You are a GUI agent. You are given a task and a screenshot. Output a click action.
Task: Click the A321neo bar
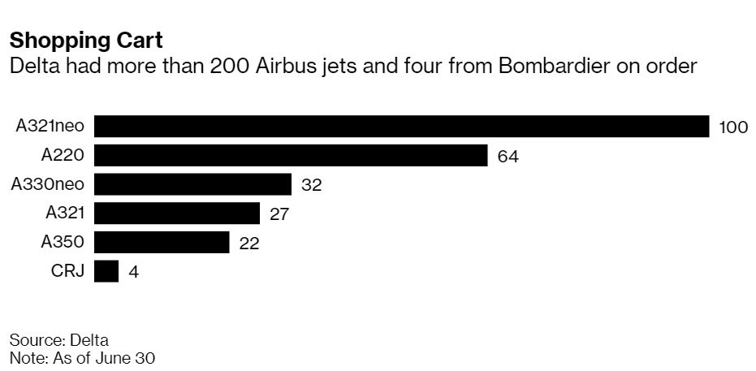pos(402,127)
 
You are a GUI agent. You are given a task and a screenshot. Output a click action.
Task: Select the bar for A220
pos(291,156)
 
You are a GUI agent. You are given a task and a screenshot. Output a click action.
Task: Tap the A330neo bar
pos(192,184)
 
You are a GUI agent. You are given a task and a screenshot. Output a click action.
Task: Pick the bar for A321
pos(177,214)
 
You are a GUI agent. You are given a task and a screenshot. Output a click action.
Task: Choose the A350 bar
pos(162,243)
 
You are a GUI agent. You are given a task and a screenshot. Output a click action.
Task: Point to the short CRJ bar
pos(106,271)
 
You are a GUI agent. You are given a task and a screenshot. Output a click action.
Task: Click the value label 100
pos(733,127)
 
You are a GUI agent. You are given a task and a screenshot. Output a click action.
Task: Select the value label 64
pos(508,157)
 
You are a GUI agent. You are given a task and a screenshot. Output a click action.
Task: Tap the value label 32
pos(312,185)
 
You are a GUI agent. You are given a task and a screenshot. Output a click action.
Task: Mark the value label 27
pos(280,214)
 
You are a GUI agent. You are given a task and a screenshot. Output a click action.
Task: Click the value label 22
pos(249,244)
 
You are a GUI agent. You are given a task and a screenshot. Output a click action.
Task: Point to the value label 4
pos(133,272)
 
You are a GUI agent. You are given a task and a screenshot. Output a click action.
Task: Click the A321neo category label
pos(50,127)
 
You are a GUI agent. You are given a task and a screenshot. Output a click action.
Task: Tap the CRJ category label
pos(70,271)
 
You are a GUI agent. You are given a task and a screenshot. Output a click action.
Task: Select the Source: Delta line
pos(58,339)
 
